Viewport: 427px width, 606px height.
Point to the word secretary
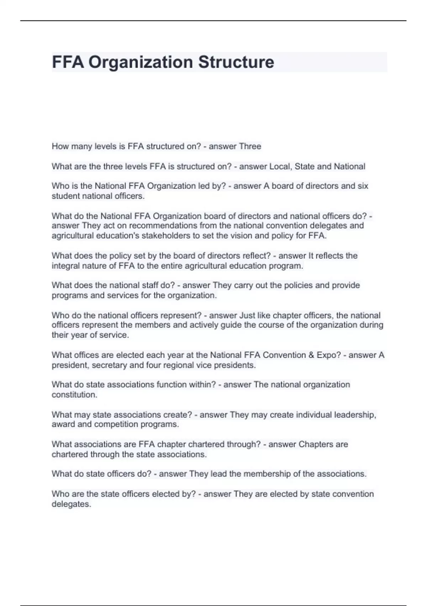tap(109, 365)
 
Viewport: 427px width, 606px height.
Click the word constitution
tap(74, 395)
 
